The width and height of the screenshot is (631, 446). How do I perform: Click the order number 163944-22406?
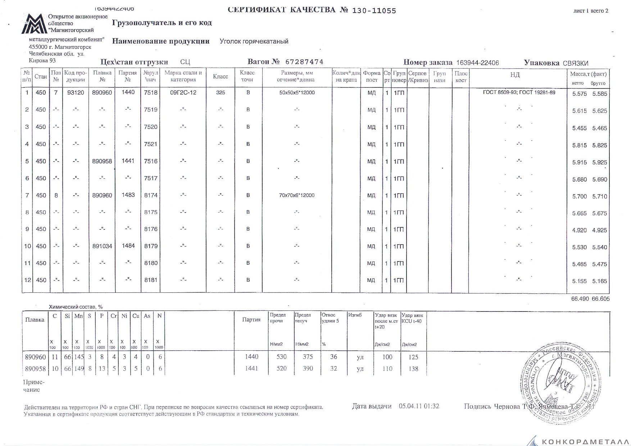[x=477, y=63]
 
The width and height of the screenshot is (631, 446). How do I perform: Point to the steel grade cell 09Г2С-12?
[x=183, y=92]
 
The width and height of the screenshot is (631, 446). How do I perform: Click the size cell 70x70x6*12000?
[x=297, y=195]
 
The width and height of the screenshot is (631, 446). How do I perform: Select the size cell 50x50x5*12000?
[x=297, y=92]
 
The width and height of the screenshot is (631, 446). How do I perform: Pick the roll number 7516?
[x=151, y=161]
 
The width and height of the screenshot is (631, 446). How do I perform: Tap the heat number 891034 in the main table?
[x=103, y=246]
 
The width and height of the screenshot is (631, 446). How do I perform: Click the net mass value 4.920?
[x=579, y=230]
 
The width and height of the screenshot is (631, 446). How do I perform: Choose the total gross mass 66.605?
[x=600, y=299]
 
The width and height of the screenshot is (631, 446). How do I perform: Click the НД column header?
[x=515, y=75]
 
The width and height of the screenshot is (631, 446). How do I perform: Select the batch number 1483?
[x=128, y=195]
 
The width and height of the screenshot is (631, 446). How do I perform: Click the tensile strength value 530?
[x=281, y=357]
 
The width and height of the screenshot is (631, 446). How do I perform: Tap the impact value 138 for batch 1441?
[x=413, y=368]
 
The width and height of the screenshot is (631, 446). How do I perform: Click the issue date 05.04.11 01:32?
[x=419, y=406]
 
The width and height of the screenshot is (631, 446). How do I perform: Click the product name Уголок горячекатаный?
[x=254, y=41]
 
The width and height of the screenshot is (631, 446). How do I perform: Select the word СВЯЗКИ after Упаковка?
[x=576, y=63]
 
